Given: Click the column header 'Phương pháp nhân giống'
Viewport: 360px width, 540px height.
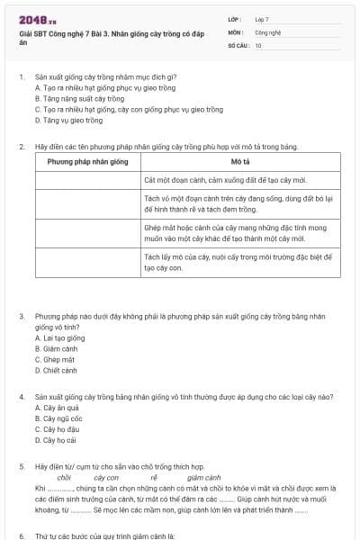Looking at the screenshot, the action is pos(88,160).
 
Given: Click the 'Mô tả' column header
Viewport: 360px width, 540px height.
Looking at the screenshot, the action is pos(240,160).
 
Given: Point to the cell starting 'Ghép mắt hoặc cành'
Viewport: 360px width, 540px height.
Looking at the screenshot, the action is pos(240,235).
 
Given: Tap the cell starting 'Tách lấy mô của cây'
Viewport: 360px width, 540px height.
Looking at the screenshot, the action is pos(240,262).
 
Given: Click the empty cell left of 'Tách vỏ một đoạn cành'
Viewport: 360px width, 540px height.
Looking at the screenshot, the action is pos(88,205).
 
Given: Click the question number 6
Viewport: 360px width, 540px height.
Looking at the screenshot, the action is pos(21,535).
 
